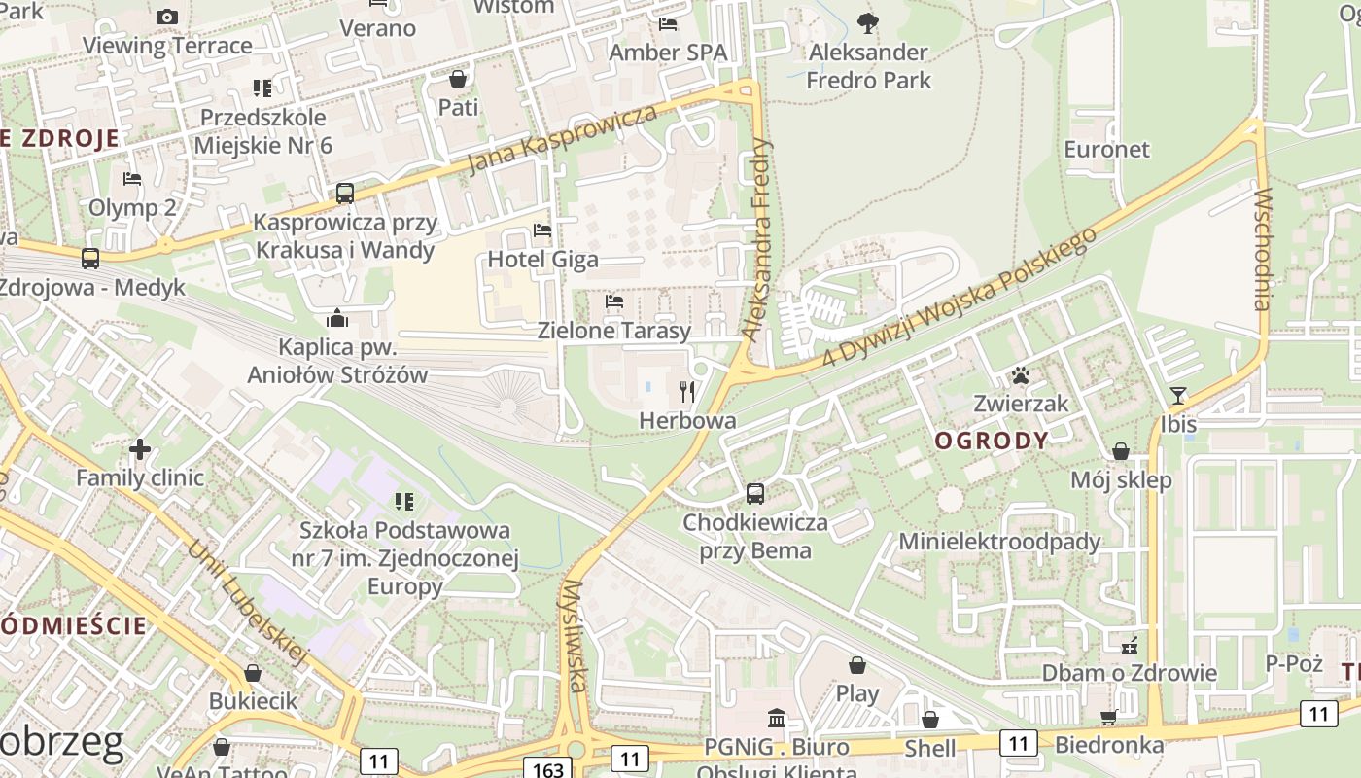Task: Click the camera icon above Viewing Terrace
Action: pyautogui.click(x=167, y=17)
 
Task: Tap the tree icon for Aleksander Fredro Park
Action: pyautogui.click(x=868, y=22)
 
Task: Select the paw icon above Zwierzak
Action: pyautogui.click(x=1020, y=374)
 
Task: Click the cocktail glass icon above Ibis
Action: pyautogui.click(x=1178, y=395)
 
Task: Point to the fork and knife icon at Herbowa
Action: pyautogui.click(x=687, y=392)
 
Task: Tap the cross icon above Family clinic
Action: pyautogui.click(x=140, y=448)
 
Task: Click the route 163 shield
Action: pyautogui.click(x=548, y=768)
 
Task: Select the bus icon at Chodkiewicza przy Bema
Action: pyautogui.click(x=755, y=493)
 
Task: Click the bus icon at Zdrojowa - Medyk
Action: pyautogui.click(x=90, y=259)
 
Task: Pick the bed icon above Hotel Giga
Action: pyautogui.click(x=542, y=230)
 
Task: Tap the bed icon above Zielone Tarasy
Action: pyautogui.click(x=613, y=301)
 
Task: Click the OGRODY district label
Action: pyautogui.click(x=992, y=441)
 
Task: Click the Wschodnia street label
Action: pyautogui.click(x=1263, y=249)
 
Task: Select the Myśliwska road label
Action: pyautogui.click(x=575, y=636)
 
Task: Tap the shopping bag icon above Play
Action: pyautogui.click(x=857, y=665)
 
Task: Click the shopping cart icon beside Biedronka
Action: pyautogui.click(x=1108, y=717)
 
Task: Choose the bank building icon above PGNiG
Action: pyautogui.click(x=777, y=719)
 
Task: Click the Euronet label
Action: pyautogui.click(x=1106, y=149)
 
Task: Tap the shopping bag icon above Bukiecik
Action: pyautogui.click(x=253, y=673)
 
